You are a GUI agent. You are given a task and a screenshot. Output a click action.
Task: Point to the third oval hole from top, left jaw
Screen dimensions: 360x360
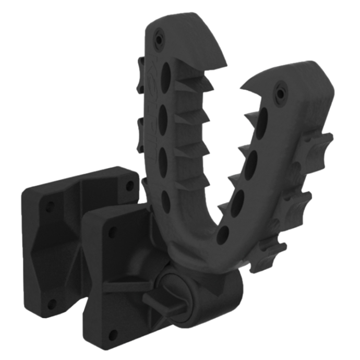(x=164, y=155)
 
